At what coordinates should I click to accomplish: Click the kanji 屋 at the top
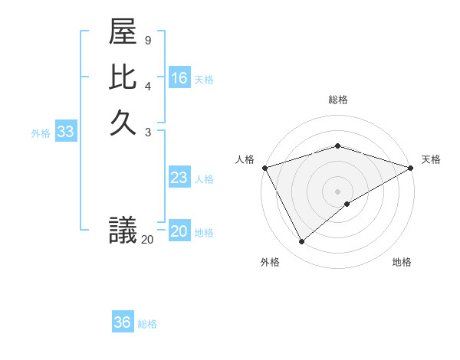pos(123,34)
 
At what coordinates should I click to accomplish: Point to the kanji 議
pos(123,230)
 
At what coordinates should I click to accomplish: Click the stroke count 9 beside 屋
pos(148,40)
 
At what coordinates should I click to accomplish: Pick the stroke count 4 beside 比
pos(148,84)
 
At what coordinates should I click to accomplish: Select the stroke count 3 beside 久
pos(148,132)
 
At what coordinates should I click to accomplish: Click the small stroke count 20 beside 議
pos(147,240)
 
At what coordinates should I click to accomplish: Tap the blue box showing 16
pos(179,78)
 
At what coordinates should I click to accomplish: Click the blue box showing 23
pos(179,178)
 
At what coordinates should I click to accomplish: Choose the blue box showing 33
pos(66,132)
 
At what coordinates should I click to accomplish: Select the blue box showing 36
pos(123,322)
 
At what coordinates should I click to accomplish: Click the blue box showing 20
pos(179,231)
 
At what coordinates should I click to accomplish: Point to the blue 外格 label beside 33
pos(41,133)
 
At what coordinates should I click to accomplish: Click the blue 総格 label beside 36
pos(147,324)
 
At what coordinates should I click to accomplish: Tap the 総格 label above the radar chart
pos(337,100)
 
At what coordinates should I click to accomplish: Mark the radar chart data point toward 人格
pos(264,168)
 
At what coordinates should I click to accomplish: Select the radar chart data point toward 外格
pos(301,242)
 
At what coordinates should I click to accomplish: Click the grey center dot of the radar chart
pos(337,191)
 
